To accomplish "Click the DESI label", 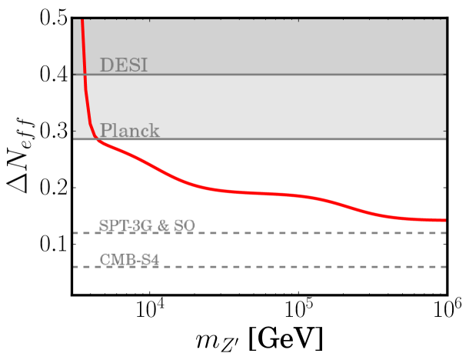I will tap(124, 65).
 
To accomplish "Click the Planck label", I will tap(130, 131).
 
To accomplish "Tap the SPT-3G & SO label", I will tap(147, 225).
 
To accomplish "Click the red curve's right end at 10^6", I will tap(445, 220).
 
